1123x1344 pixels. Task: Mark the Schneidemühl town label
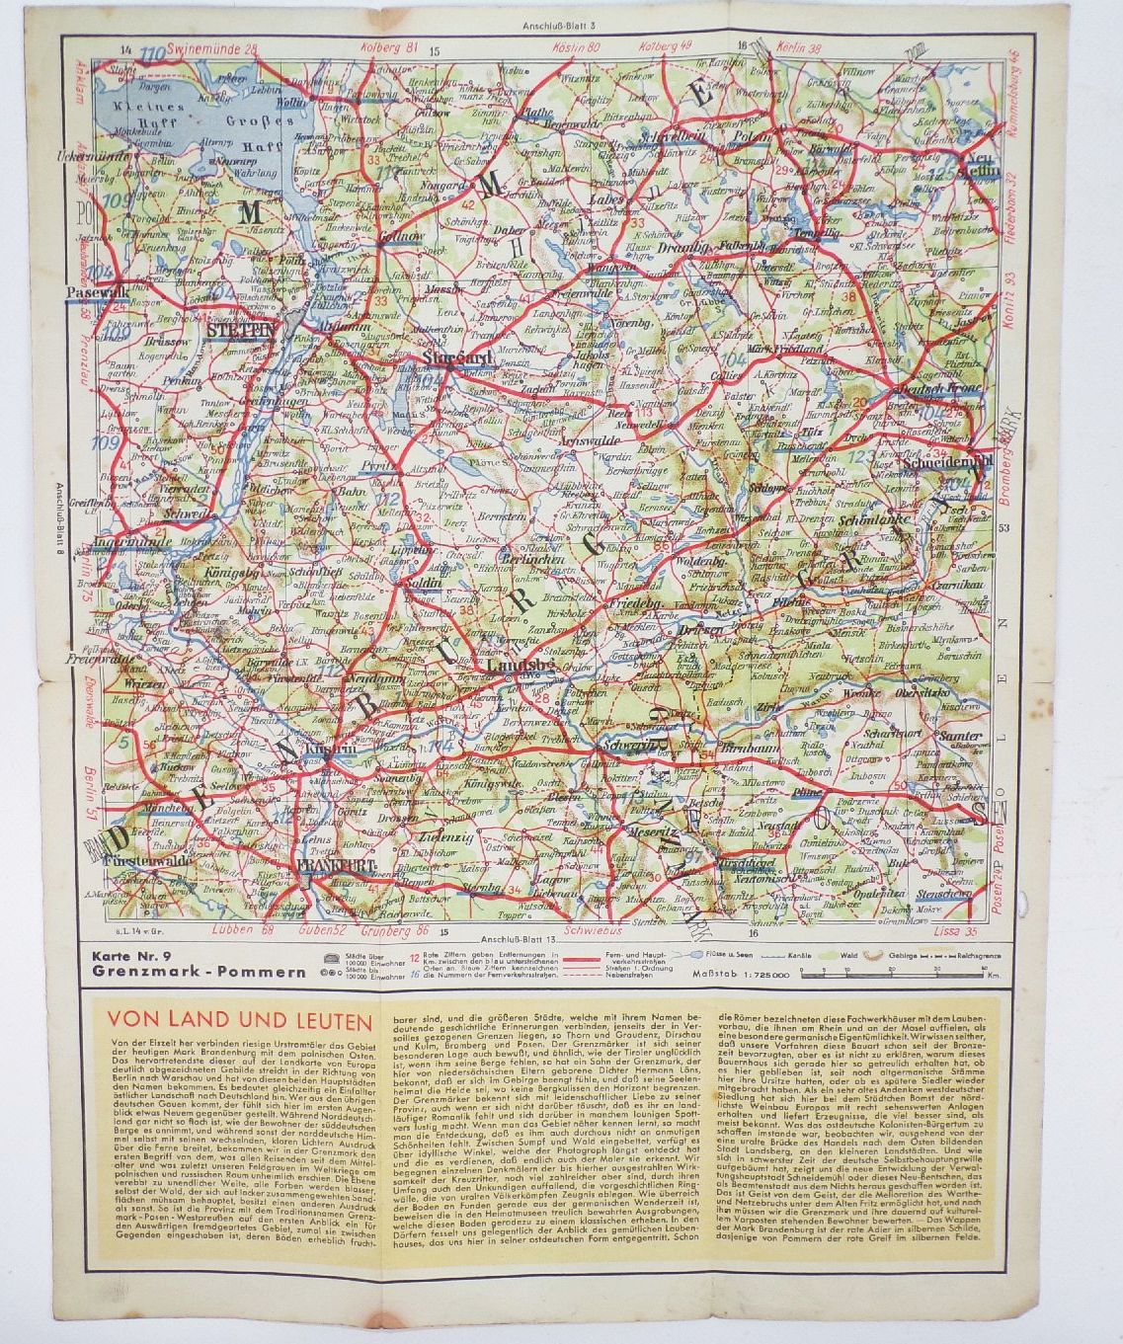coord(943,463)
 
